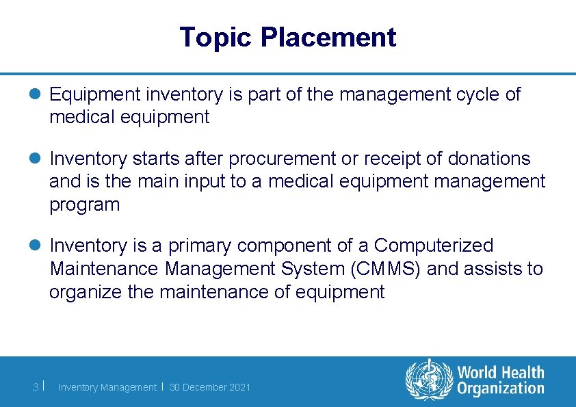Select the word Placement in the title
328,38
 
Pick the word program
84,205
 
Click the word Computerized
434,246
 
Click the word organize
82,292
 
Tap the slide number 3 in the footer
36,387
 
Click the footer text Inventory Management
107,387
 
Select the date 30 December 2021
210,387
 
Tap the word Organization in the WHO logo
501,389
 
